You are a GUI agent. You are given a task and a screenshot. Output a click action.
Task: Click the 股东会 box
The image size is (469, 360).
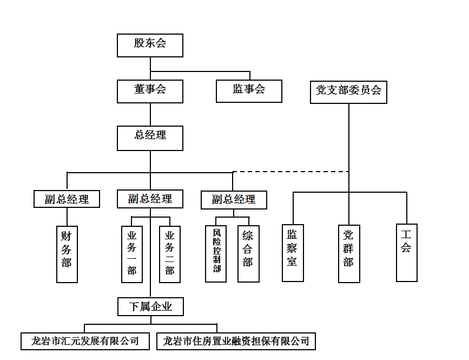pos(150,45)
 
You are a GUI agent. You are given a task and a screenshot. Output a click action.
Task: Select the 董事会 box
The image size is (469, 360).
pos(150,91)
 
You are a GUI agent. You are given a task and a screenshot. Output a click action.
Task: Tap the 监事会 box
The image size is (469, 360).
pos(249,91)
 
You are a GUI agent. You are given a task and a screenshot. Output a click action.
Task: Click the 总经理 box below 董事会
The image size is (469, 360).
pos(150,138)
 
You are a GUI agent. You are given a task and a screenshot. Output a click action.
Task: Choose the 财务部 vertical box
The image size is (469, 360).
pos(67,254)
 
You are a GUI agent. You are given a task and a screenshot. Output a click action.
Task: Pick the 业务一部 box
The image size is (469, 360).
pos(131,254)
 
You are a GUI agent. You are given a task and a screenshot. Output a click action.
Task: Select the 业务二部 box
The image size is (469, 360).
pos(169,254)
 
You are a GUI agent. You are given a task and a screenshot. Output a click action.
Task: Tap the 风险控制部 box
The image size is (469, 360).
pos(216,254)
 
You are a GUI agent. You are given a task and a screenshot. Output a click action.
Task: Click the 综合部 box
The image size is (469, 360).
pos(248,254)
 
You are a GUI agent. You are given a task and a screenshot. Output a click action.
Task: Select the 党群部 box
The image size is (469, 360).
pos(349,253)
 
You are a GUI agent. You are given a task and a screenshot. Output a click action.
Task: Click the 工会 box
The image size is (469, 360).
pos(406,252)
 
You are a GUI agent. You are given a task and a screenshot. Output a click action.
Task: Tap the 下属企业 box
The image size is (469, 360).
pos(150,307)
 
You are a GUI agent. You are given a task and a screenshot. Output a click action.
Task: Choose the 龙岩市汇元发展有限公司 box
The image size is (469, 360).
pos(84,341)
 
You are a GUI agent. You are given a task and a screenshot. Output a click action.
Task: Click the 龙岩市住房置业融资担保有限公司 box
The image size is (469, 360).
pos(236,341)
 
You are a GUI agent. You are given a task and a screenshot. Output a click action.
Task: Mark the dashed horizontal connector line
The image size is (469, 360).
pos(290,172)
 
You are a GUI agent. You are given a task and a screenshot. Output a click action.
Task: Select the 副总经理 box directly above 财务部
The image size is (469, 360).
pos(67,199)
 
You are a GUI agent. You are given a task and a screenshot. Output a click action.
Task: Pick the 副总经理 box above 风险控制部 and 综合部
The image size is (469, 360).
pos(233,200)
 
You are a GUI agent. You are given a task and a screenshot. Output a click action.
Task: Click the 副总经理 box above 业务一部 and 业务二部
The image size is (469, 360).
pos(150,199)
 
